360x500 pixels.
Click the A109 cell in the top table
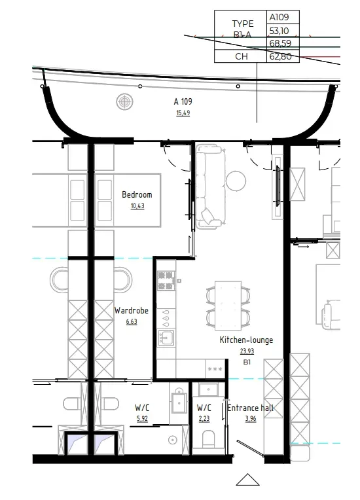click(283, 17)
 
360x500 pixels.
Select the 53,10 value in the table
click(283, 30)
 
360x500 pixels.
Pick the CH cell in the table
click(242, 56)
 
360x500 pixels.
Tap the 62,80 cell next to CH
click(283, 56)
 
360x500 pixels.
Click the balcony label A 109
click(183, 101)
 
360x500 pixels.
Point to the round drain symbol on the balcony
click(124, 101)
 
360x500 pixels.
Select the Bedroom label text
click(137, 194)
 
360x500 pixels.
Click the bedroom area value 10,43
click(137, 206)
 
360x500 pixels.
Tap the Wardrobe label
click(131, 310)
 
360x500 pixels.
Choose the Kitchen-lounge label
click(246, 340)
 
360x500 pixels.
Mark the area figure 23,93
click(246, 351)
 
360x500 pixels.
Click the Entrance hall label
click(250, 408)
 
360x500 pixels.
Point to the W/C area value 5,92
click(143, 419)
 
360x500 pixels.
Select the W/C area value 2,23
click(204, 419)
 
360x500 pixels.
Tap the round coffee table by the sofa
click(236, 180)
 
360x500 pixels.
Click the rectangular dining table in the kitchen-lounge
click(228, 305)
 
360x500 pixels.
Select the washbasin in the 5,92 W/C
click(179, 402)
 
